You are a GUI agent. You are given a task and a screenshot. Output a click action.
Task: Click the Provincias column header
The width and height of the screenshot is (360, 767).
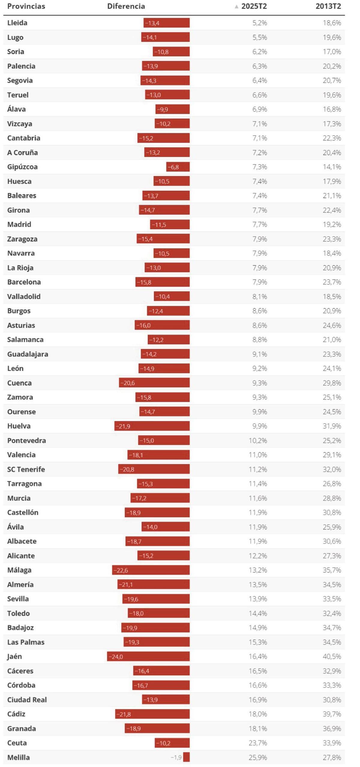pos(26,6)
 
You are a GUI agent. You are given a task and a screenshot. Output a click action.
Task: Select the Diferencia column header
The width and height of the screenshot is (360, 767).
pos(126,6)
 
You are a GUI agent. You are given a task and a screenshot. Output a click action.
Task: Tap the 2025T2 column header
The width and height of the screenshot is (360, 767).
pos(254,6)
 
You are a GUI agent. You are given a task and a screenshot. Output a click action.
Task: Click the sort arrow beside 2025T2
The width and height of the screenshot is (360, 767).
pos(236,7)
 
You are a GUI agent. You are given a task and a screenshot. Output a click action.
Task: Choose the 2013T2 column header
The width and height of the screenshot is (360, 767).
pos(328,6)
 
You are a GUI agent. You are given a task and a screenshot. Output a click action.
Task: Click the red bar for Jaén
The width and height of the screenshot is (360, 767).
pos(148,656)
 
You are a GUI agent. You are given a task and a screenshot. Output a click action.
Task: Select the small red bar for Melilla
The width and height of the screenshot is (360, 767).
pos(186,757)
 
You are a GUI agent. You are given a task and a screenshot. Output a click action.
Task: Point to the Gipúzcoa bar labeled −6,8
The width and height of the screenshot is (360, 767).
pos(178,167)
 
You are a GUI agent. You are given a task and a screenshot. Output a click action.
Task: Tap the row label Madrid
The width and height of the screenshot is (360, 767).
pos(19,224)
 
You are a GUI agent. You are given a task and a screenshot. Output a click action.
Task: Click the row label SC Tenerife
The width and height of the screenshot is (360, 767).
pos(26,469)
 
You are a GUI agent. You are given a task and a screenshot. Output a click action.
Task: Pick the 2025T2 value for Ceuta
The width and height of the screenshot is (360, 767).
pos(258,743)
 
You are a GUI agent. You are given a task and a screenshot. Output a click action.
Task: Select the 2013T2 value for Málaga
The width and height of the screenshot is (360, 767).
pos(332,570)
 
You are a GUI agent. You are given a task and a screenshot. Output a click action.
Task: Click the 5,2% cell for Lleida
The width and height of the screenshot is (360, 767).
pos(259,23)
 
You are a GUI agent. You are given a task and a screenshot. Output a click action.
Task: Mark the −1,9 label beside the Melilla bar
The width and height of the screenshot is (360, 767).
pos(176,757)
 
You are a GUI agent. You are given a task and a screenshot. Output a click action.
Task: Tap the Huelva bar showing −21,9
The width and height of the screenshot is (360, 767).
pos(152,426)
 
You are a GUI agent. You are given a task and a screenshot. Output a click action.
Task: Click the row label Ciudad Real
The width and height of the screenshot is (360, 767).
pos(27,700)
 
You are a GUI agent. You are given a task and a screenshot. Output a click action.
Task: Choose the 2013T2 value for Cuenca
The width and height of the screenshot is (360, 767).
pos(332,383)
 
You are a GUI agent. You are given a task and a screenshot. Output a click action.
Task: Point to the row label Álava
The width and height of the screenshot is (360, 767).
pos(16,109)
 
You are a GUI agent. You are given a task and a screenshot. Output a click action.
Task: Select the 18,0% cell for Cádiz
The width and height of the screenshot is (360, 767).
pos(258,714)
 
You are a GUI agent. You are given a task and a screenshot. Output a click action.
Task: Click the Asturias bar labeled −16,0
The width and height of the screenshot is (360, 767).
pos(162,325)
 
